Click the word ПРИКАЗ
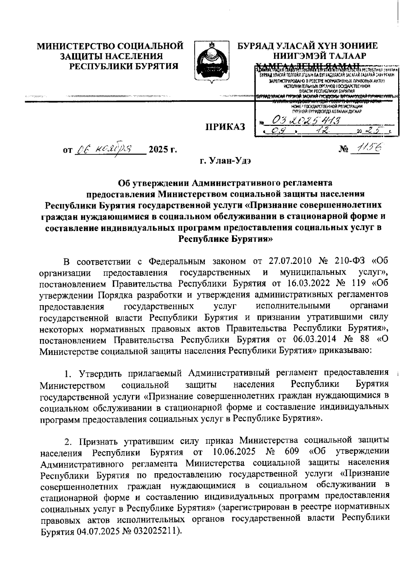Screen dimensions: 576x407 point(225,127)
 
